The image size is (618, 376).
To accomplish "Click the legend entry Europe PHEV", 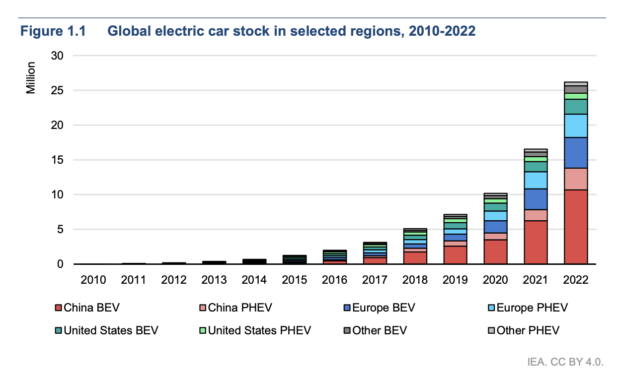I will pyautogui.click(x=527, y=308).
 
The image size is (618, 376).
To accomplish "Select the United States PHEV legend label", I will pyautogui.click(x=259, y=330).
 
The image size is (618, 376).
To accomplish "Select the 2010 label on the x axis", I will pyautogui.click(x=93, y=280).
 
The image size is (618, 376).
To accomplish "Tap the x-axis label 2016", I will pyautogui.click(x=334, y=280).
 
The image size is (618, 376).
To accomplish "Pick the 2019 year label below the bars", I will pyautogui.click(x=455, y=280).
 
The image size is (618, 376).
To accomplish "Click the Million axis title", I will pyautogui.click(x=31, y=78).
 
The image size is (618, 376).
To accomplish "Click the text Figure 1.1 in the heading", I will pyautogui.click(x=53, y=31).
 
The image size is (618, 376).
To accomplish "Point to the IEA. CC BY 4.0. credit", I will pyautogui.click(x=565, y=363).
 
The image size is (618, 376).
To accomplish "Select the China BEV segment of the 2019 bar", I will pyautogui.click(x=455, y=255).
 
